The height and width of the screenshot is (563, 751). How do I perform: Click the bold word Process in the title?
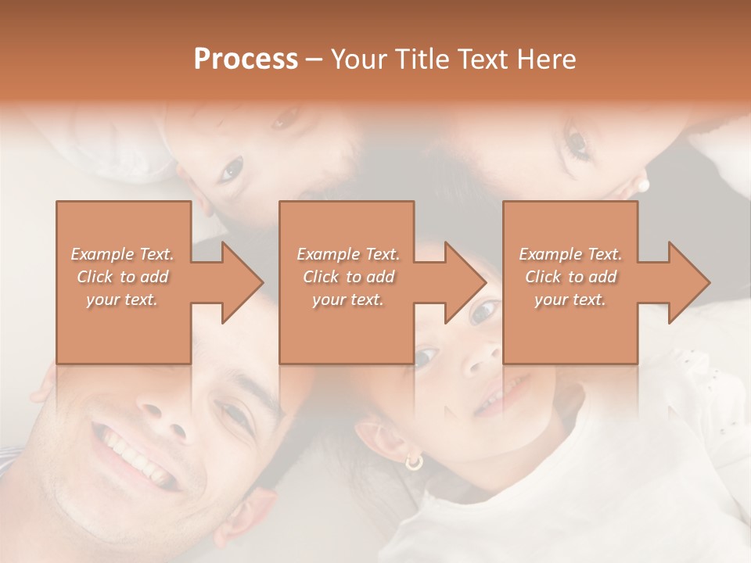(246, 59)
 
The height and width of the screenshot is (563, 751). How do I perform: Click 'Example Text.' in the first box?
(123, 254)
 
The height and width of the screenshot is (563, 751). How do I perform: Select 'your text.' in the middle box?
(348, 299)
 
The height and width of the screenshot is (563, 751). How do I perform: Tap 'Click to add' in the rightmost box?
(571, 277)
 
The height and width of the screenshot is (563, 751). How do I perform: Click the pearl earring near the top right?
(644, 185)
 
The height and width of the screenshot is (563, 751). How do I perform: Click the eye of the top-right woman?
(577, 142)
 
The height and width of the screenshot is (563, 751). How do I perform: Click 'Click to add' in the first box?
(123, 277)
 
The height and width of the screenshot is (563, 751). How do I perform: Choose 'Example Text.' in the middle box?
(348, 254)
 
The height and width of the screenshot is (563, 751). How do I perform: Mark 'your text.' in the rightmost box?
(570, 299)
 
